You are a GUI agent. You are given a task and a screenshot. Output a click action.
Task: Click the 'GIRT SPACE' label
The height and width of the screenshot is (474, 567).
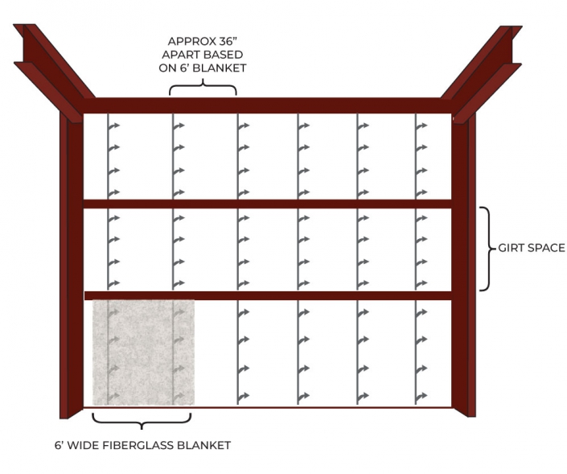click(x=532, y=248)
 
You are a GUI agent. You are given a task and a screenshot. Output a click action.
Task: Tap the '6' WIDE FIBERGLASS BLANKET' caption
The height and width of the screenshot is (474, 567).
click(x=142, y=445)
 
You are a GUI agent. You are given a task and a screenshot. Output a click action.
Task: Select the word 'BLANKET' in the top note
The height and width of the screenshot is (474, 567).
click(x=221, y=68)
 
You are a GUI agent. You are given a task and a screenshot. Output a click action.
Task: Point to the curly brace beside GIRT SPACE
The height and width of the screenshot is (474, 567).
click(x=487, y=248)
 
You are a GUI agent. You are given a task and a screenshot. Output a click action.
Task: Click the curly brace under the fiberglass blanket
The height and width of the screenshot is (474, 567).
click(x=142, y=420)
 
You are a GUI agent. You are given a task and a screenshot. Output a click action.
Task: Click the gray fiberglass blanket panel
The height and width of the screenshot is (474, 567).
click(x=143, y=352)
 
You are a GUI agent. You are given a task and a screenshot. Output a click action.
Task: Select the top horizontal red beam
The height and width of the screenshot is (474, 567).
click(x=265, y=105)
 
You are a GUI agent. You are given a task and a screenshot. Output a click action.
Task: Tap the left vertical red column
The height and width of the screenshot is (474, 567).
click(x=72, y=266)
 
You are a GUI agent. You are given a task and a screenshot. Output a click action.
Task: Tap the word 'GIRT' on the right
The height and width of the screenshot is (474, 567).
click(x=512, y=248)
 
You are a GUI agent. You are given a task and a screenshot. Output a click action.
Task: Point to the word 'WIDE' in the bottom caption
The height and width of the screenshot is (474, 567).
click(x=80, y=445)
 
